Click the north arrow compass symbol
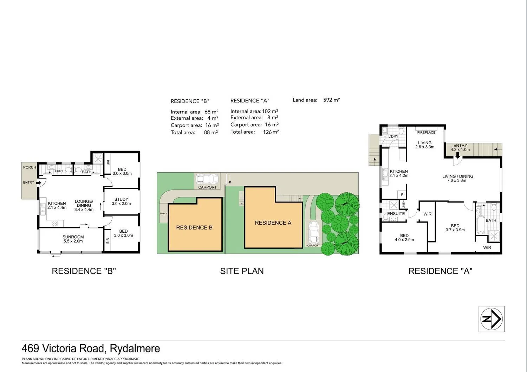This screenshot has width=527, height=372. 492,319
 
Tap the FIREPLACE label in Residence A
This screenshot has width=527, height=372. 426,132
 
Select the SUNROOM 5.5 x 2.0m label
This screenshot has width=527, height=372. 73,239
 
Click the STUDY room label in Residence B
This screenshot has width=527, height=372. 121,201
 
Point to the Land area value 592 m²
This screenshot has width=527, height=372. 331,100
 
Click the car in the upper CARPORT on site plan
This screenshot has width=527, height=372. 207,179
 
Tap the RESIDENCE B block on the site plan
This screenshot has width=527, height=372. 195,227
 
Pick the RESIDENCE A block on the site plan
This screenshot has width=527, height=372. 273,222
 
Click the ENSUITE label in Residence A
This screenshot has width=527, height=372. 396,213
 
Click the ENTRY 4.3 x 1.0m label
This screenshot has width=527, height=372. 460,147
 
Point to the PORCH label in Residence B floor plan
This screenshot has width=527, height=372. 30,167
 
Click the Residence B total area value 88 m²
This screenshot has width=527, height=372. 211,132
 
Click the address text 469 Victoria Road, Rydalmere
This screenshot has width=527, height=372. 91,348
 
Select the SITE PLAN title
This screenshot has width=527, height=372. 242,271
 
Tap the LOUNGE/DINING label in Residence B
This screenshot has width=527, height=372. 84,205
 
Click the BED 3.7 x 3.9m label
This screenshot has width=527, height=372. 455,228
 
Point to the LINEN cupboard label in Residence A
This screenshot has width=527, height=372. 404,204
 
